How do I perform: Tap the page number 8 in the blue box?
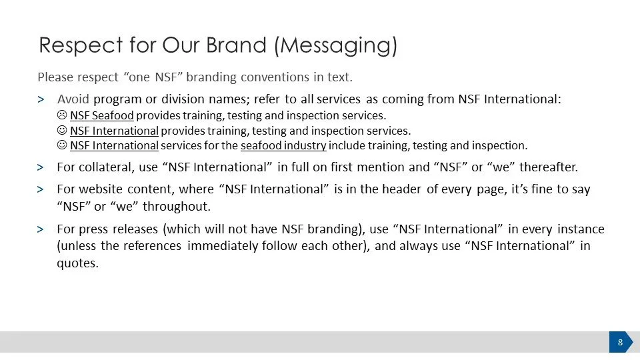click(620, 343)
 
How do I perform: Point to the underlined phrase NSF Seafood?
click(102, 116)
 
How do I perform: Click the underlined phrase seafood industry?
click(283, 145)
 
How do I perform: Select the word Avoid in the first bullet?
click(73, 99)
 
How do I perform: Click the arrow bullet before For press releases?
click(41, 229)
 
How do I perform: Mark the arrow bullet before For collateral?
click(41, 167)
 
